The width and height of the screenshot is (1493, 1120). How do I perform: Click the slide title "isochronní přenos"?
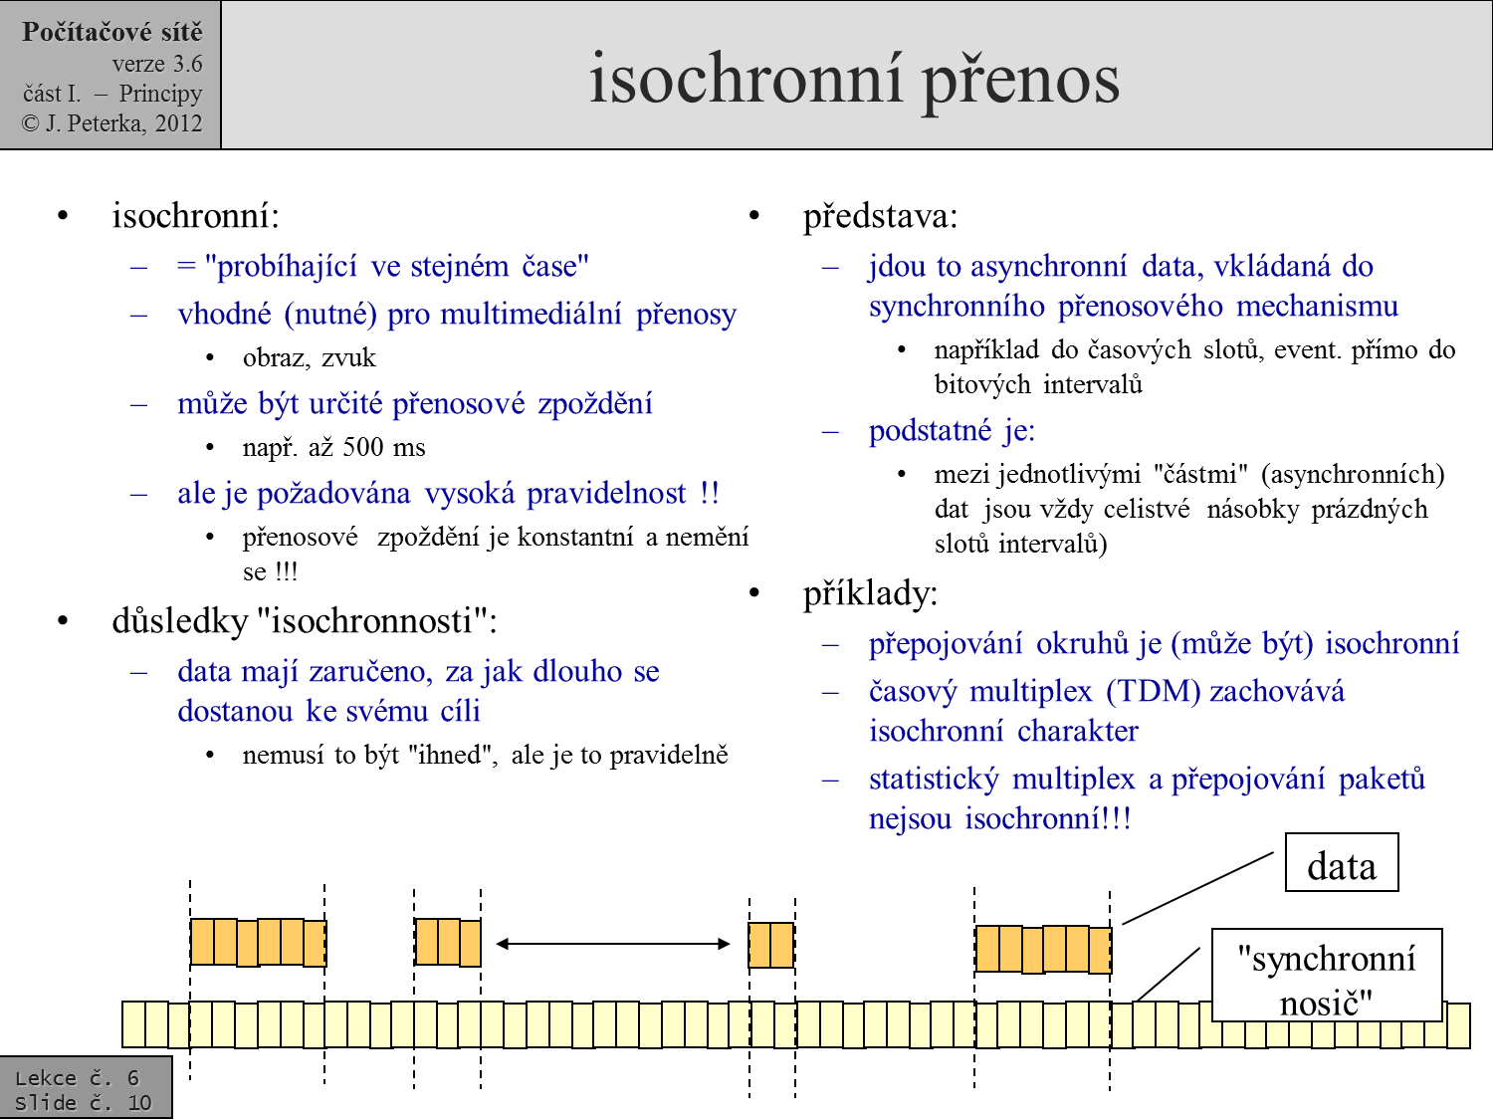[x=854, y=81]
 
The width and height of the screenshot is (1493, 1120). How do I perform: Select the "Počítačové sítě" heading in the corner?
[x=112, y=32]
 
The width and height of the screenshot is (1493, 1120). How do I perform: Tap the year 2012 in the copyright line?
[x=178, y=123]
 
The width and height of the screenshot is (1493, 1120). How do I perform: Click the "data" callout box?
[x=1342, y=862]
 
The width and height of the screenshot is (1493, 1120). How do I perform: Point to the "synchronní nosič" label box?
[x=1327, y=975]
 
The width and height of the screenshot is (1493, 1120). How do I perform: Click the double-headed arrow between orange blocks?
[x=613, y=943]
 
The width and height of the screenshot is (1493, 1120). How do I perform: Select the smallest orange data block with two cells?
[x=771, y=945]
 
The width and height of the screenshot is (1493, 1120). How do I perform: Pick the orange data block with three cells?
[x=448, y=942]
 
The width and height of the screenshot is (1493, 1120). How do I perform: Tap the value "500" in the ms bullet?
[x=363, y=447]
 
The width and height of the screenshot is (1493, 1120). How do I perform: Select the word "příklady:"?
[x=871, y=593]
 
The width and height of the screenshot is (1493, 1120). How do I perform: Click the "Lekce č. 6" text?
[x=77, y=1078]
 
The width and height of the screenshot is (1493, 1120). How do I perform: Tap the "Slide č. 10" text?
[x=83, y=1102]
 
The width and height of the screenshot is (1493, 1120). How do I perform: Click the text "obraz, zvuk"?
[x=309, y=357]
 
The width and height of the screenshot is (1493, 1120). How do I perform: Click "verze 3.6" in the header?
[x=157, y=64]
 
